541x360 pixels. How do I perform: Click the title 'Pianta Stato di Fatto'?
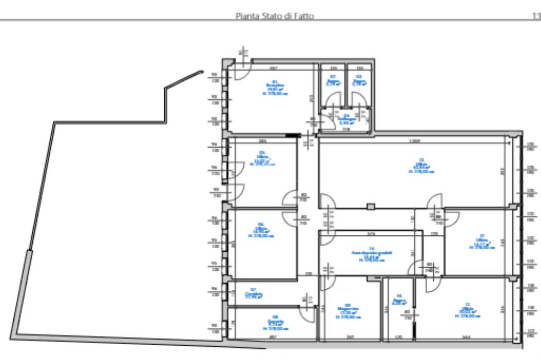tap(274, 16)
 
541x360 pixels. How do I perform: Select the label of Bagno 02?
tap(333, 80)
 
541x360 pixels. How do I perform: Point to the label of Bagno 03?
tap(359, 80)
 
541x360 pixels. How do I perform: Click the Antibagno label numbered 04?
tap(346, 119)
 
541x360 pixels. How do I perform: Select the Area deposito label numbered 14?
tap(371, 254)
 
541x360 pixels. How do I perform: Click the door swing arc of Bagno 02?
tap(333, 99)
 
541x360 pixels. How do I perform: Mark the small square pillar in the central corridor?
tap(371, 205)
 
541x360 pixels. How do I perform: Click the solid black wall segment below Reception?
tap(291, 136)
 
